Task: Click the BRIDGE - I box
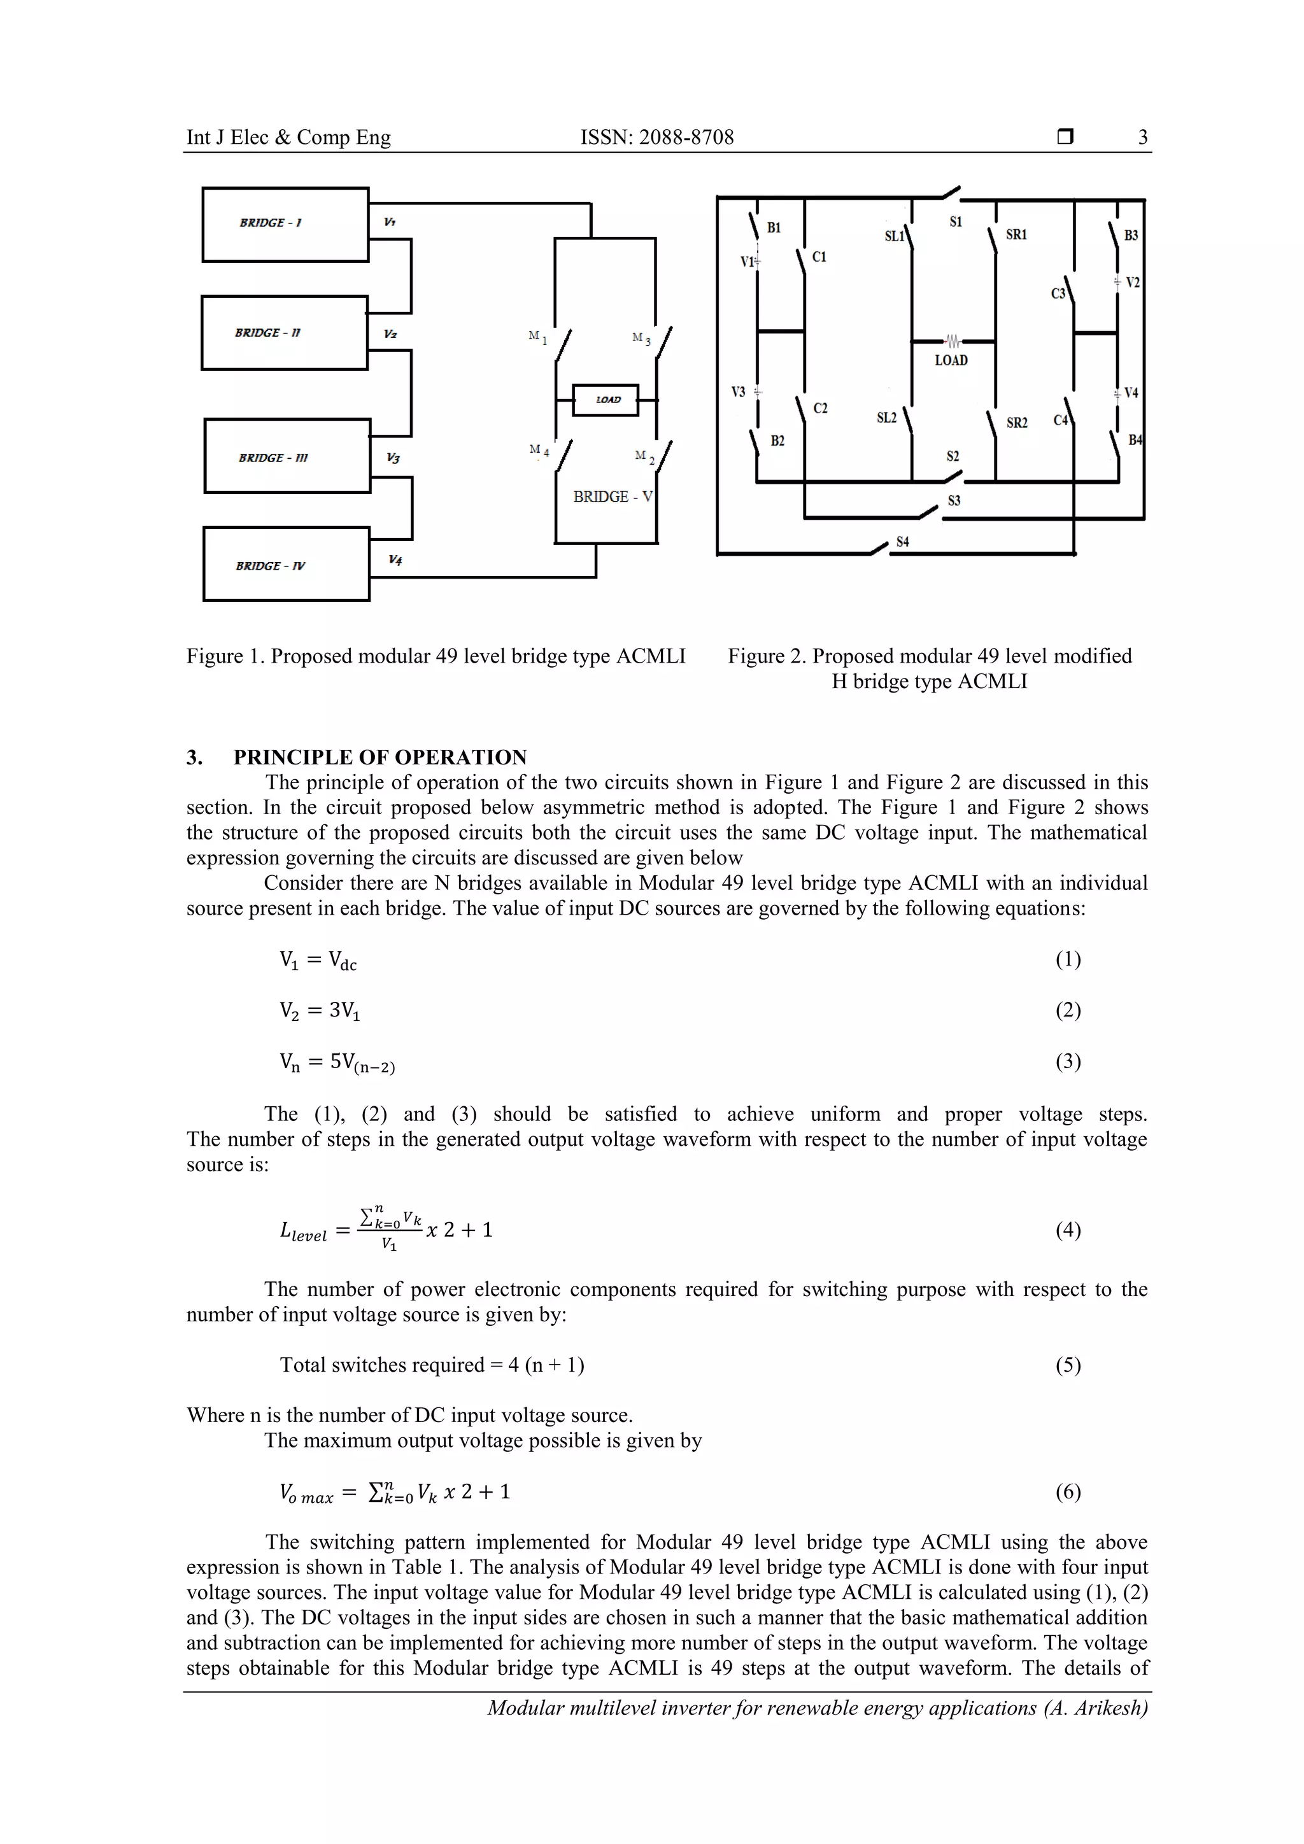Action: coord(285,224)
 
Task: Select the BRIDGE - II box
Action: coord(285,332)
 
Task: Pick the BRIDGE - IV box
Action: coord(286,564)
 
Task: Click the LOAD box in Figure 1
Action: coord(606,399)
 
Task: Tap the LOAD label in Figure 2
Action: coord(951,361)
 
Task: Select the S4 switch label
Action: coord(902,542)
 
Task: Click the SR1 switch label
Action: coord(1016,234)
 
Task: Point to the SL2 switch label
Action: coord(886,418)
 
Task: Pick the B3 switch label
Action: coord(1130,236)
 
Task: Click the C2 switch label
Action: coord(820,408)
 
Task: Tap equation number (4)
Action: coord(1068,1230)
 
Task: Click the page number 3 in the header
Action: coord(1142,137)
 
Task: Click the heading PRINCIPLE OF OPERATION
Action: coord(380,757)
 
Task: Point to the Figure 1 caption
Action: coord(436,656)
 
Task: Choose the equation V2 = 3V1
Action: coord(320,1010)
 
